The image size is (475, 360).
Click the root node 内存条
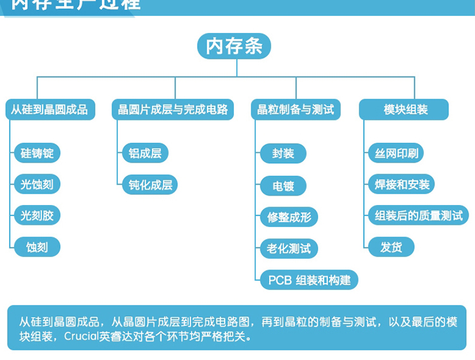(234, 46)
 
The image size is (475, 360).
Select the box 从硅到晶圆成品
(49, 109)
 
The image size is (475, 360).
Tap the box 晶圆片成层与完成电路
(172, 109)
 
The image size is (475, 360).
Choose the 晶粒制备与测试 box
(296, 109)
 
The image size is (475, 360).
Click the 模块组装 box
(404, 109)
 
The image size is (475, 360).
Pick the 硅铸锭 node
(37, 153)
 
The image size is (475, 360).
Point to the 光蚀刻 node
(37, 185)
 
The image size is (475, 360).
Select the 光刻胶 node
(37, 215)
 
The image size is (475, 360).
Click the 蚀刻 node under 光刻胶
(37, 247)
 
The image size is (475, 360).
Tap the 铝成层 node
(145, 153)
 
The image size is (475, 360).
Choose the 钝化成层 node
(150, 185)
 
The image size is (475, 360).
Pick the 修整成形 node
(289, 217)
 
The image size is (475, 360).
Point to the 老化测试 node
(289, 248)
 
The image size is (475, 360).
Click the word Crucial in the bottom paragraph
(80, 337)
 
